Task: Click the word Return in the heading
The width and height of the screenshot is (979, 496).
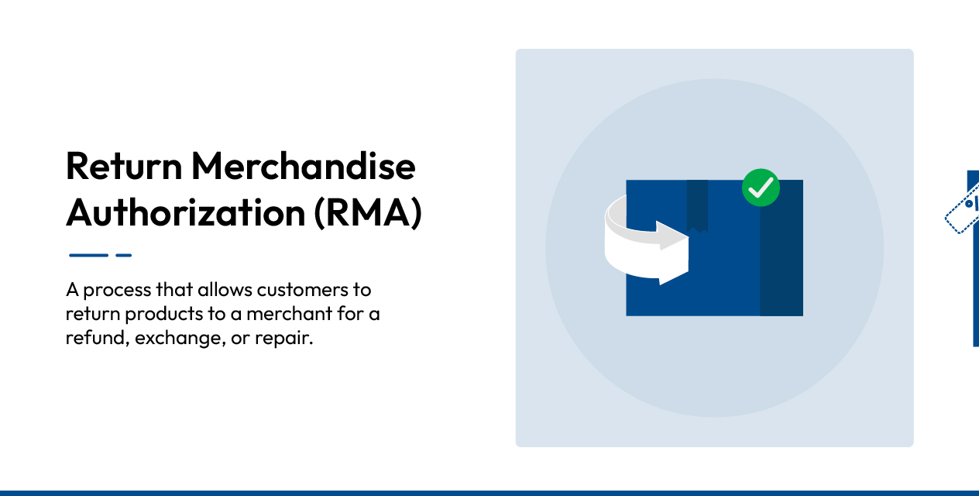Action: coord(124,166)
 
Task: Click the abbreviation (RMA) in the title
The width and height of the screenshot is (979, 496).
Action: coord(369,213)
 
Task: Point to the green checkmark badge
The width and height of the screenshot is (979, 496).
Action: coord(761,188)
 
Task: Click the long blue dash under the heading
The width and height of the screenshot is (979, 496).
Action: coord(88,255)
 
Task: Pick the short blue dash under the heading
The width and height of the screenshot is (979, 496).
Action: coord(124,255)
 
